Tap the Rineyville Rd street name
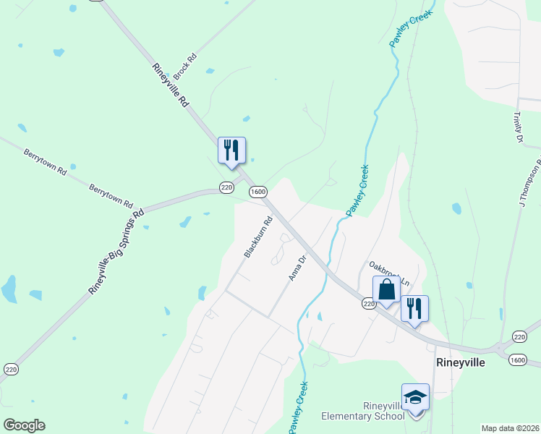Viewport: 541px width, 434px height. coord(171,85)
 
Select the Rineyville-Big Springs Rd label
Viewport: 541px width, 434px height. coord(116,251)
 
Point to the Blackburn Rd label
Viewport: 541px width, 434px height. coord(258,238)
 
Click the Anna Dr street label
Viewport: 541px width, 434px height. coord(298,267)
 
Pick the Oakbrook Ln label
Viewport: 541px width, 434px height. coord(389,272)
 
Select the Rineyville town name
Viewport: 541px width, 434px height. coord(459,362)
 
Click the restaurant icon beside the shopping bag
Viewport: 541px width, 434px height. coord(414,308)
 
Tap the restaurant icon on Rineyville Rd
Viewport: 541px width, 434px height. coord(231,150)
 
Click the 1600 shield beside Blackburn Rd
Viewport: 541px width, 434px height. coord(258,192)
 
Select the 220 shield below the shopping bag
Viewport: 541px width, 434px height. coord(370,305)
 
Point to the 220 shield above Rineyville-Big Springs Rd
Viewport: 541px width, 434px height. coord(226,188)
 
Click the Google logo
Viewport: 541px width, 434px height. coord(24,425)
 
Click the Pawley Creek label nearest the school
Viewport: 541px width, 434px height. coord(298,408)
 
